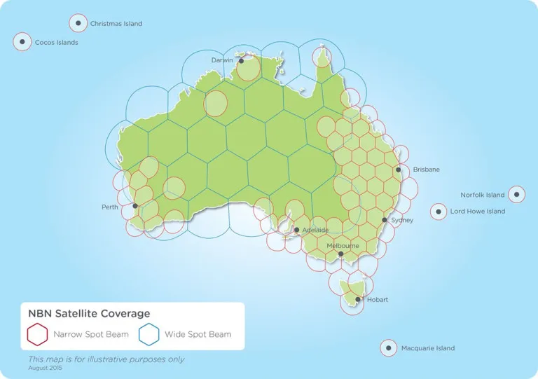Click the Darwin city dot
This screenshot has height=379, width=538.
(241, 60)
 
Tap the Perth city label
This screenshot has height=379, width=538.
(110, 207)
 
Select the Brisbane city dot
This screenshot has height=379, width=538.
(398, 170)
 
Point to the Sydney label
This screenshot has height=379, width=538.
(402, 220)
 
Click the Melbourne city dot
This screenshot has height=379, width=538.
(341, 254)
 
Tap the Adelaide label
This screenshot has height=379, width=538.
(315, 230)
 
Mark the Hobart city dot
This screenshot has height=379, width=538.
(358, 299)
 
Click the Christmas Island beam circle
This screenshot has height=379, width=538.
(78, 23)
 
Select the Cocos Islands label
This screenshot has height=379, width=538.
(56, 43)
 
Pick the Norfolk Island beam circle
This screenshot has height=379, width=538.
(516, 195)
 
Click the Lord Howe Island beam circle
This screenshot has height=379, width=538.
(439, 211)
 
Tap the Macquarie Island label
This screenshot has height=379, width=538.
(427, 348)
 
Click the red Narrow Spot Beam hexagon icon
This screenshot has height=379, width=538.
(37, 334)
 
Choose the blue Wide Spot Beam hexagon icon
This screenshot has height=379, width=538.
(149, 334)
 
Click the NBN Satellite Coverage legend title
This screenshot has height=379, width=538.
(88, 314)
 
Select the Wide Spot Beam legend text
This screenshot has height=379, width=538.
(198, 334)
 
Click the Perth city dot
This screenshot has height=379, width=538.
(135, 206)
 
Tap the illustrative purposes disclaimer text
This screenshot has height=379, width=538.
(106, 359)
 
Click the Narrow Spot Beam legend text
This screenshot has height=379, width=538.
(91, 334)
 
